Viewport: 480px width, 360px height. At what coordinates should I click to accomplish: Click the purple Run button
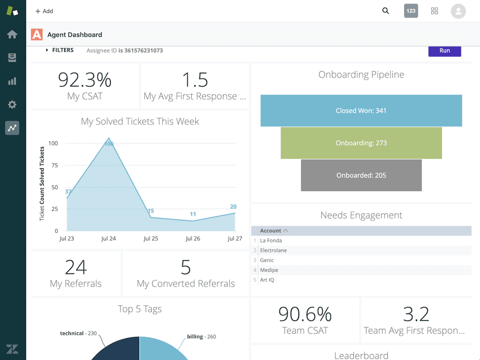pyautogui.click(x=445, y=51)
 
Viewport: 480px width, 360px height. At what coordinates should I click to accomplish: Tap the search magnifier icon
pyautogui.click(x=386, y=11)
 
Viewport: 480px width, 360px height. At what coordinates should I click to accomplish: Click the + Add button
pyautogui.click(x=44, y=11)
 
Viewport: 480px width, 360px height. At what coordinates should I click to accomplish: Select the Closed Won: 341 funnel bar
pyautogui.click(x=361, y=111)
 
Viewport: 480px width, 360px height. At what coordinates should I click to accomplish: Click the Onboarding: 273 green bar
pyautogui.click(x=361, y=143)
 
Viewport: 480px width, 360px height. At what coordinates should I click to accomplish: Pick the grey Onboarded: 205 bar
pyautogui.click(x=361, y=175)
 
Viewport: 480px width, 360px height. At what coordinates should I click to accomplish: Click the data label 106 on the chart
pyautogui.click(x=109, y=144)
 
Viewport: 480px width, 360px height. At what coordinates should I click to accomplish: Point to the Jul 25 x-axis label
pyautogui.click(x=151, y=238)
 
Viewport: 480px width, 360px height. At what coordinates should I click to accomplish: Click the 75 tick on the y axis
pyautogui.click(x=54, y=165)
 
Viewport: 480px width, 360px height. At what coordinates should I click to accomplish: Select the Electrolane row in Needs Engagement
pyautogui.click(x=273, y=250)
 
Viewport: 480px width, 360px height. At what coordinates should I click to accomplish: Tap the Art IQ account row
pyautogui.click(x=267, y=280)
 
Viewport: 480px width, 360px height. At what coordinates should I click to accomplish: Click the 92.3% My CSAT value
pyautogui.click(x=85, y=80)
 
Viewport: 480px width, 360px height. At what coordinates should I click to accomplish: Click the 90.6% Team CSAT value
pyautogui.click(x=305, y=314)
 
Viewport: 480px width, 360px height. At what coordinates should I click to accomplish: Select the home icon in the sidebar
pyautogui.click(x=12, y=34)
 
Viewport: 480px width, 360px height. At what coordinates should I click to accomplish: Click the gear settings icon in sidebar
pyautogui.click(x=12, y=105)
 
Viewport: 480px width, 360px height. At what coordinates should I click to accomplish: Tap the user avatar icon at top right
pyautogui.click(x=458, y=11)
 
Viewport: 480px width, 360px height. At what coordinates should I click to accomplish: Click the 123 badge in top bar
pyautogui.click(x=411, y=11)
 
